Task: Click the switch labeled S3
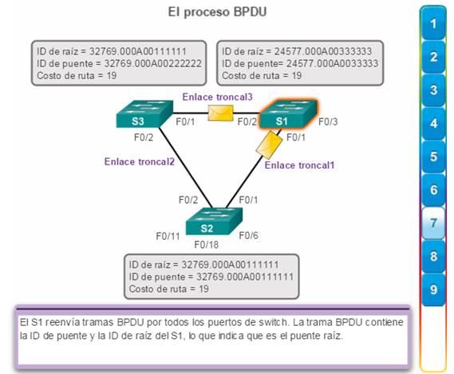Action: click(144, 114)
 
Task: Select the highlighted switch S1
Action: click(288, 114)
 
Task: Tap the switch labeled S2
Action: click(214, 221)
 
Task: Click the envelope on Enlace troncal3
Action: click(221, 113)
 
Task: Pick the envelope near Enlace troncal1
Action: click(269, 145)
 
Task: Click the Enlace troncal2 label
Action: click(140, 161)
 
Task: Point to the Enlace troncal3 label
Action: click(218, 97)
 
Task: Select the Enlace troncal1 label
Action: click(300, 165)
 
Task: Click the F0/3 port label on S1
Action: click(328, 121)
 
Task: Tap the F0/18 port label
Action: click(207, 245)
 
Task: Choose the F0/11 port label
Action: click(168, 237)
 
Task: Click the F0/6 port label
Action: click(248, 236)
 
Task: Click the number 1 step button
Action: click(433, 23)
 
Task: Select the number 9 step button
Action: click(433, 289)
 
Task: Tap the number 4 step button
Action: click(433, 123)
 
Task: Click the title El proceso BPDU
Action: click(217, 12)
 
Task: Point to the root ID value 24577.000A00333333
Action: click(323, 51)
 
